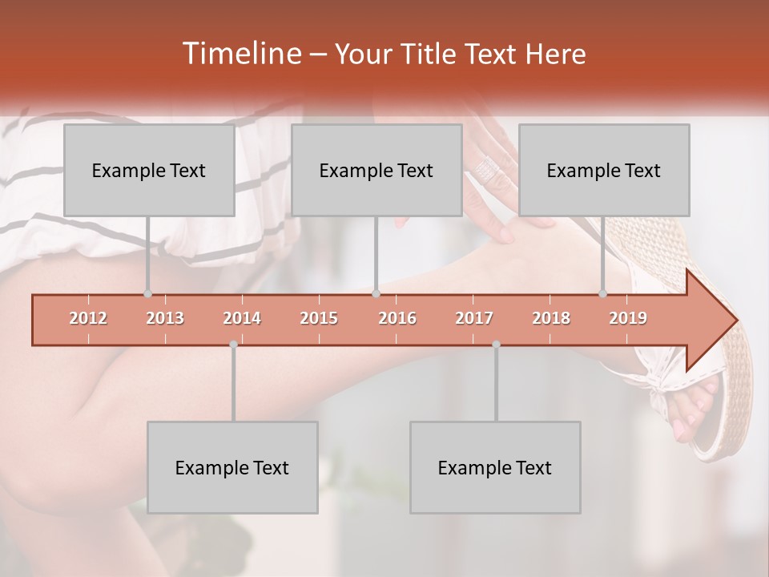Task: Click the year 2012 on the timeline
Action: [x=88, y=318]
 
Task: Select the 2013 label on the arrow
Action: [x=165, y=318]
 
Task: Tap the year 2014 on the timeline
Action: [x=242, y=318]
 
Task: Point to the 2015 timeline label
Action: [x=319, y=318]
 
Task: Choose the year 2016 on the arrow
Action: [x=397, y=318]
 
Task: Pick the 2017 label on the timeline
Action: [x=474, y=318]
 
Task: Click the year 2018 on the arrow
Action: [x=551, y=318]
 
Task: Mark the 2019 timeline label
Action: [x=628, y=318]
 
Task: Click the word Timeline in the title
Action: [x=240, y=54]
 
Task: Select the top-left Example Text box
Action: [x=149, y=170]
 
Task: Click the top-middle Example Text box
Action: [x=376, y=170]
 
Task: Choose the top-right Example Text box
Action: [x=604, y=170]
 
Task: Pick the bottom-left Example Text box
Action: [x=232, y=467]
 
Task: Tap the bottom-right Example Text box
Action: [x=495, y=467]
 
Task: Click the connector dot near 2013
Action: [x=147, y=293]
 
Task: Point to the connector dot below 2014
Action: [x=233, y=345]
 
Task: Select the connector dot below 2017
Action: [x=496, y=345]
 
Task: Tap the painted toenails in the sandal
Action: [x=693, y=409]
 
